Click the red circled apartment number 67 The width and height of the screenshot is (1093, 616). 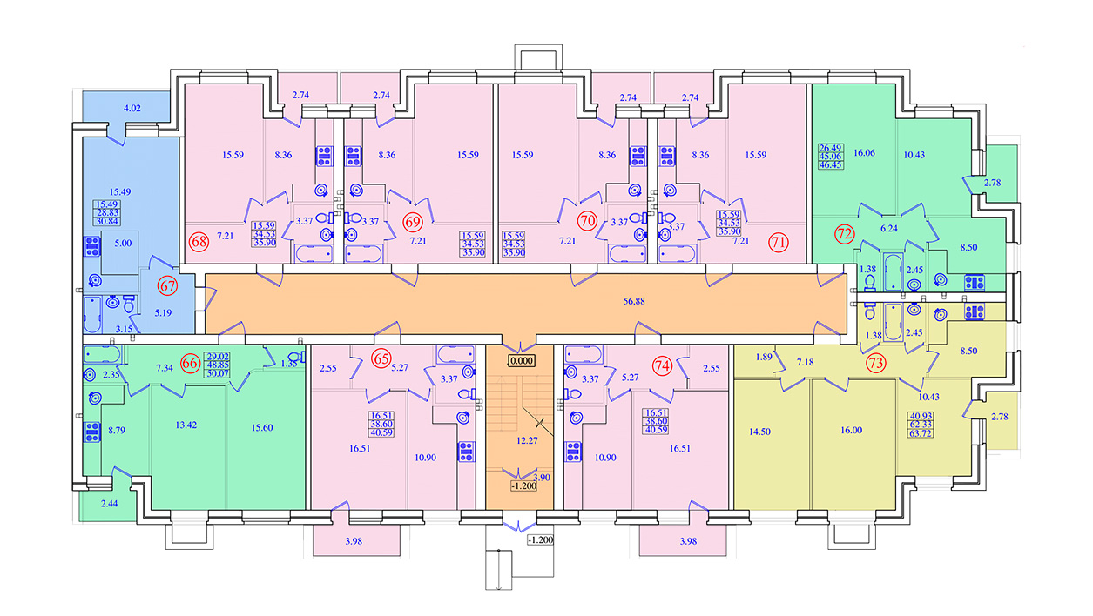click(x=167, y=285)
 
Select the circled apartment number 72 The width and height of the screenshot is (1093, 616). click(x=845, y=234)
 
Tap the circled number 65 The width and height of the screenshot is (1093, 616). click(x=381, y=358)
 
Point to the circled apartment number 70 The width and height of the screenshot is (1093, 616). click(x=587, y=221)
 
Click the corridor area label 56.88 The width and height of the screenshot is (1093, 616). click(x=634, y=301)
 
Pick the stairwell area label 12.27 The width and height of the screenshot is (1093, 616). click(x=527, y=440)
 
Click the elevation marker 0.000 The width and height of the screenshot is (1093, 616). click(x=522, y=361)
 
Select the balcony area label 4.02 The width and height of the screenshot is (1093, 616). click(x=132, y=108)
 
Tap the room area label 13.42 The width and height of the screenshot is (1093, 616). click(x=186, y=425)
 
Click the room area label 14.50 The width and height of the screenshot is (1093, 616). click(x=759, y=432)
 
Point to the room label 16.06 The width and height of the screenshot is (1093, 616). click(x=864, y=152)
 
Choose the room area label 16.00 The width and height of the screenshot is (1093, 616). click(x=851, y=431)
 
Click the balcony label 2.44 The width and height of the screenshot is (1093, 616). click(x=110, y=504)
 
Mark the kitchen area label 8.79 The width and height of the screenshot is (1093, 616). click(x=117, y=431)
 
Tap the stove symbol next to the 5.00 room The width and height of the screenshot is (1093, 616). click(x=92, y=246)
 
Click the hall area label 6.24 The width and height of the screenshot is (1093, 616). click(x=888, y=228)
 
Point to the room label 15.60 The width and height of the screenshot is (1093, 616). click(x=262, y=427)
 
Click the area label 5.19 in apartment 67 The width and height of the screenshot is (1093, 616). click(x=163, y=313)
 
